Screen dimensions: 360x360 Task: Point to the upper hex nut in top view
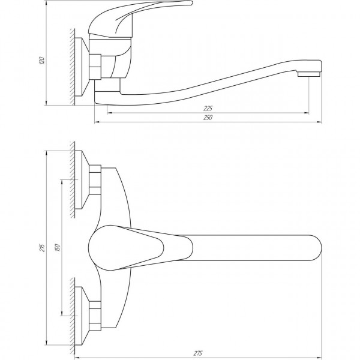[x=96, y=179]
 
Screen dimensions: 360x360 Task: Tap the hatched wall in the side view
[x=73, y=66]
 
